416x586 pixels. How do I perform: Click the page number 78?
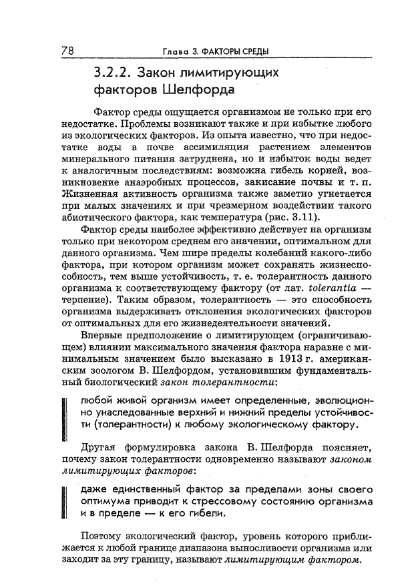[x=67, y=50]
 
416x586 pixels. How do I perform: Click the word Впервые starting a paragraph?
[x=100, y=334]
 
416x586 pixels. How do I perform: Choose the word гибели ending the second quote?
[x=204, y=513]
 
